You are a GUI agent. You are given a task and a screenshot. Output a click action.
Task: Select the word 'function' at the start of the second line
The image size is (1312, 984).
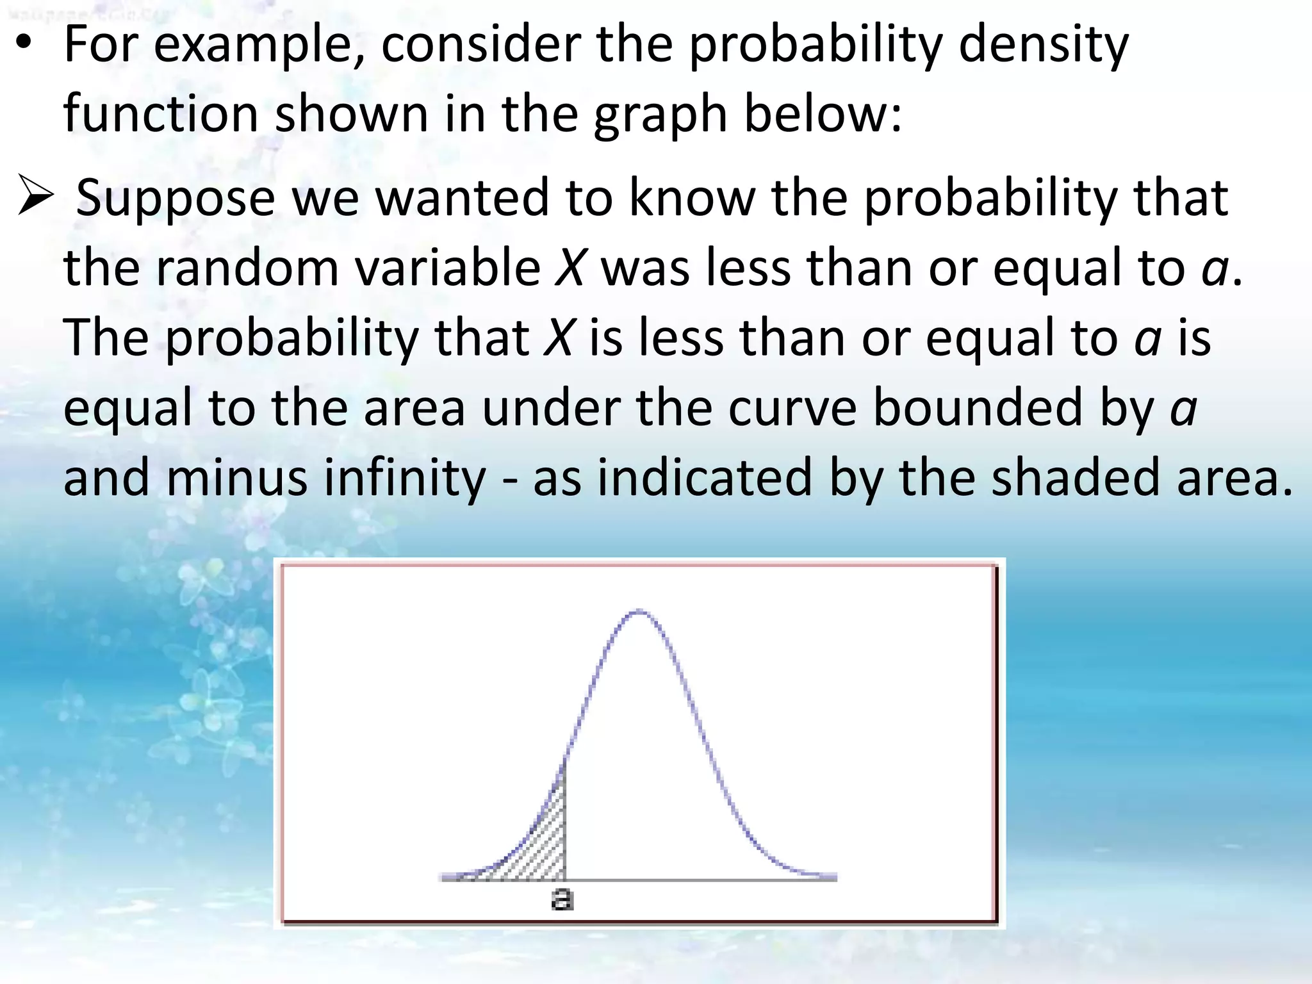pyautogui.click(x=160, y=114)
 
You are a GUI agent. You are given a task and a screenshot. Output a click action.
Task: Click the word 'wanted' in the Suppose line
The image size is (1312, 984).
pyautogui.click(x=461, y=197)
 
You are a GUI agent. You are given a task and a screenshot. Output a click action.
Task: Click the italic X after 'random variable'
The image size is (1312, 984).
pyautogui.click(x=570, y=268)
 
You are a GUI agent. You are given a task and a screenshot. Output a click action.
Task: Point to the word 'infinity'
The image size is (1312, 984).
pyautogui.click(x=405, y=478)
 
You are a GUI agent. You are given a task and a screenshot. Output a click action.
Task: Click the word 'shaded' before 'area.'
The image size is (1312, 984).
pyautogui.click(x=1076, y=478)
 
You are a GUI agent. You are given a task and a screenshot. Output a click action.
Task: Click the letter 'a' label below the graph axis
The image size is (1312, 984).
pyautogui.click(x=562, y=899)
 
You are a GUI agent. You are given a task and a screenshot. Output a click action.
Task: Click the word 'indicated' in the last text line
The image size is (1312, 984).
pyautogui.click(x=705, y=478)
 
